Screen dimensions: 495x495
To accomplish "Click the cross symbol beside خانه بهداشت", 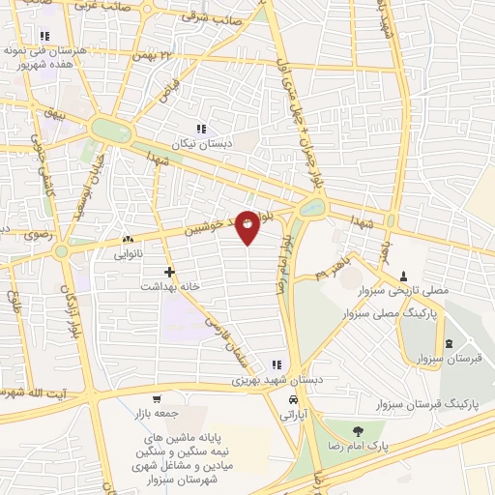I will coord(170,272).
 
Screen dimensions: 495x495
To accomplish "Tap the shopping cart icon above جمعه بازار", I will coord(156,398).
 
